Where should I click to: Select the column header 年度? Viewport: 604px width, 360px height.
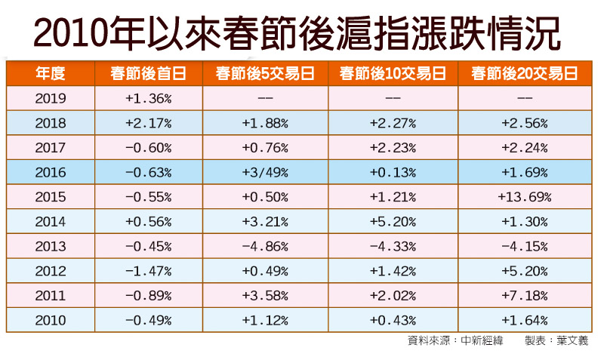[x=51, y=73]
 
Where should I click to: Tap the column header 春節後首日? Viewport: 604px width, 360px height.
[x=148, y=73]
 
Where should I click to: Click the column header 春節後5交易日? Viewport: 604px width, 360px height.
[x=265, y=73]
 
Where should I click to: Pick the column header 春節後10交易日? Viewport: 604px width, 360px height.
[x=393, y=73]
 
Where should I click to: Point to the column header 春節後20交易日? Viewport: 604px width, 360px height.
[x=524, y=73]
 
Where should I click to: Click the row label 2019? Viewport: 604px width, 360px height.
[x=51, y=98]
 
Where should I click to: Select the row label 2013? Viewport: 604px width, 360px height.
[x=51, y=246]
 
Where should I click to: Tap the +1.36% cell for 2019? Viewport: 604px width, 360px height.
[x=148, y=98]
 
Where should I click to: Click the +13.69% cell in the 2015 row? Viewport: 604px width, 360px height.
[x=524, y=197]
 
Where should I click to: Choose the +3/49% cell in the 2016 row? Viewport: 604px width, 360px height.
[x=265, y=172]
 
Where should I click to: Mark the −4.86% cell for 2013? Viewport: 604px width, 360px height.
[x=265, y=246]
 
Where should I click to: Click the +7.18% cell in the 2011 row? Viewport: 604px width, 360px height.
[x=524, y=295]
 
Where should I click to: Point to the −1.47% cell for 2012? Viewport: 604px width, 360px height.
[x=148, y=271]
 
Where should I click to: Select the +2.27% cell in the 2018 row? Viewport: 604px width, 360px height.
[x=393, y=123]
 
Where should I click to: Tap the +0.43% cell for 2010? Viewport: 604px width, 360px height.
[x=393, y=320]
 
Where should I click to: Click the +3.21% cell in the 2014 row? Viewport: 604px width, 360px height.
[x=265, y=222]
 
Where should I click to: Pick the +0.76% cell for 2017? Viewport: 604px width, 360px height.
[x=265, y=148]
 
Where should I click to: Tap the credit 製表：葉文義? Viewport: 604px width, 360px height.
[x=556, y=341]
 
